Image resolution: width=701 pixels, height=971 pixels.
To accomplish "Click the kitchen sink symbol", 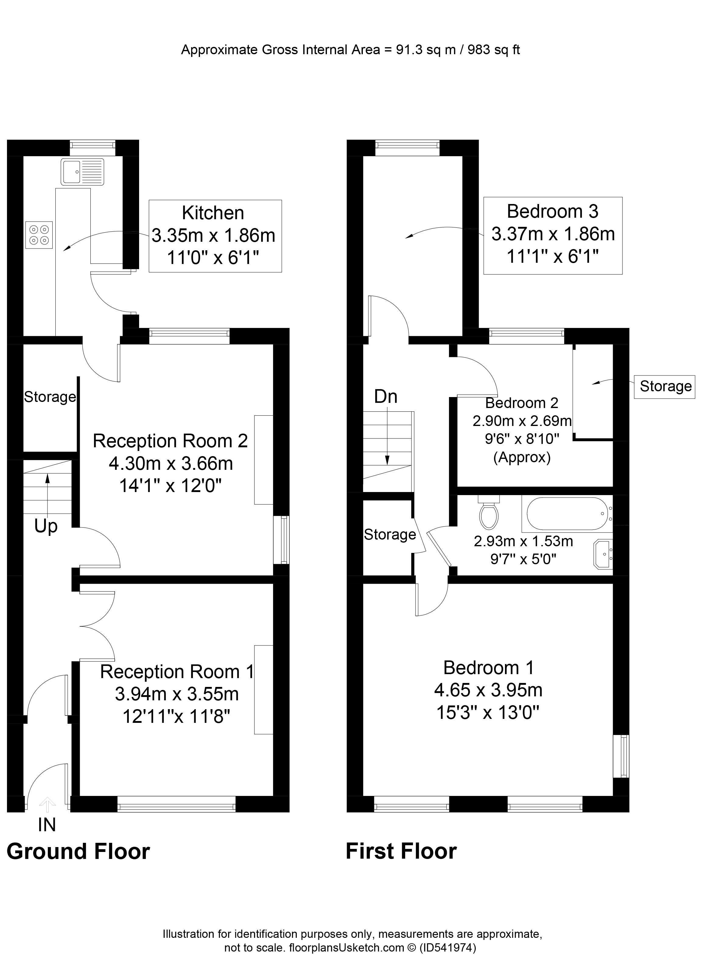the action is (82, 172).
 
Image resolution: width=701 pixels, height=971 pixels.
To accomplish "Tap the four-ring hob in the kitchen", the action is (39, 235).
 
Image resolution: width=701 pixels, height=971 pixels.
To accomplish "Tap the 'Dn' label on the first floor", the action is (386, 397).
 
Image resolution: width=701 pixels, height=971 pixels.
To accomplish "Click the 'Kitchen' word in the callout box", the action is (213, 213).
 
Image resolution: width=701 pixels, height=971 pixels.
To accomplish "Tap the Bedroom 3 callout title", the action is (552, 212).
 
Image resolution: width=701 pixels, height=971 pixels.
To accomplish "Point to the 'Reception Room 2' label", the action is (170, 441).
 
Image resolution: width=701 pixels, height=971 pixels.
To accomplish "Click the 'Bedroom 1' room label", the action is (488, 668).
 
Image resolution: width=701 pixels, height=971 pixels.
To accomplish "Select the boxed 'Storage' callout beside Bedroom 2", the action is (665, 386).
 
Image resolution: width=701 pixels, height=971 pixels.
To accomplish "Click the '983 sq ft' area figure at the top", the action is (494, 50).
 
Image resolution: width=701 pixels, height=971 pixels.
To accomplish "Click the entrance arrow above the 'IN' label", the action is (47, 805).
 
